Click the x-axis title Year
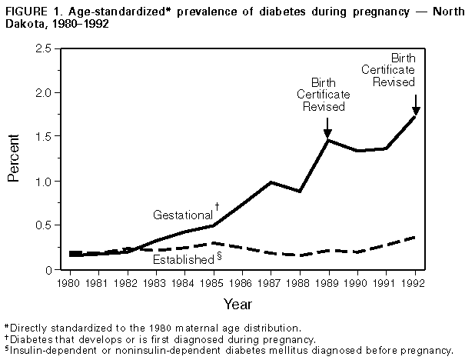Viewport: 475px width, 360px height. [x=243, y=305]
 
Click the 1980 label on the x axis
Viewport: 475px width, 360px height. [x=71, y=282]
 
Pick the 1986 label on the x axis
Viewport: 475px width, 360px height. [x=243, y=282]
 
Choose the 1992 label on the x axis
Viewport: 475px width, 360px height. [x=416, y=282]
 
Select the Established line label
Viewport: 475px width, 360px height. [x=182, y=260]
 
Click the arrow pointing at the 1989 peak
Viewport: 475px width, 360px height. [x=328, y=125]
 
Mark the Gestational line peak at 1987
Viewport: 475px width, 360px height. [x=271, y=182]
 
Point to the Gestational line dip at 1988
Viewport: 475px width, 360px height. [x=301, y=192]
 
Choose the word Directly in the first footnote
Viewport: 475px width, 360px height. [x=28, y=328]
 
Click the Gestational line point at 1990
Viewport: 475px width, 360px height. [x=358, y=151]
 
